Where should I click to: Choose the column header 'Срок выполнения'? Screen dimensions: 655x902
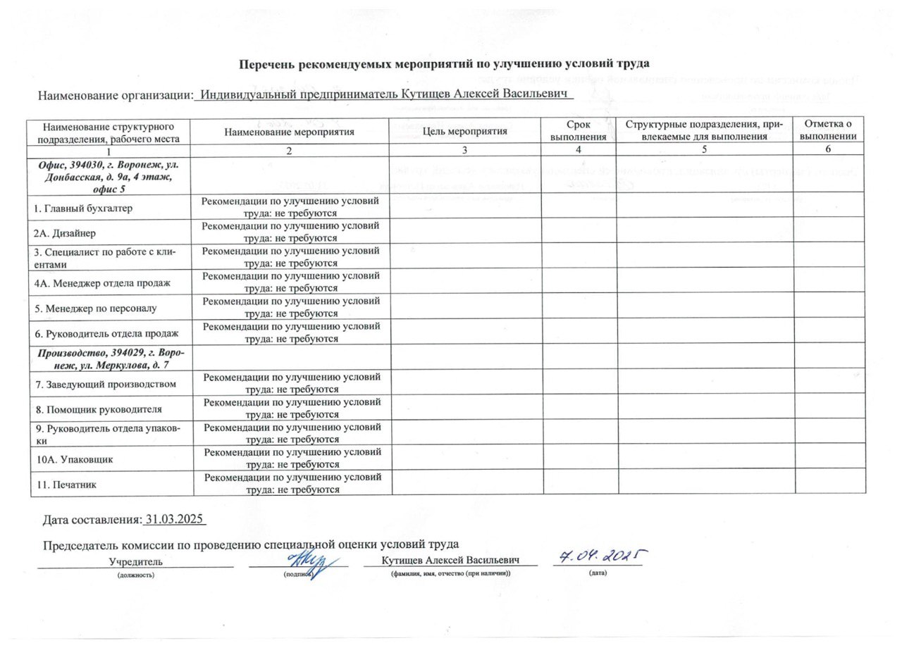click(x=578, y=131)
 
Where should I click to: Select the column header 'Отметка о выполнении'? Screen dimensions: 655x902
click(x=829, y=131)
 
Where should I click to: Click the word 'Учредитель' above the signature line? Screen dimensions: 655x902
click(x=135, y=561)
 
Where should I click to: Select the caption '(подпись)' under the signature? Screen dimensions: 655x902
click(x=298, y=574)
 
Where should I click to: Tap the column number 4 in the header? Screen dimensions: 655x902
click(x=578, y=150)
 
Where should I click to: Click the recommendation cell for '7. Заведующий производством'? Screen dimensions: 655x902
click(x=292, y=384)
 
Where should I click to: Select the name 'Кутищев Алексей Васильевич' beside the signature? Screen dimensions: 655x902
click(x=450, y=560)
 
